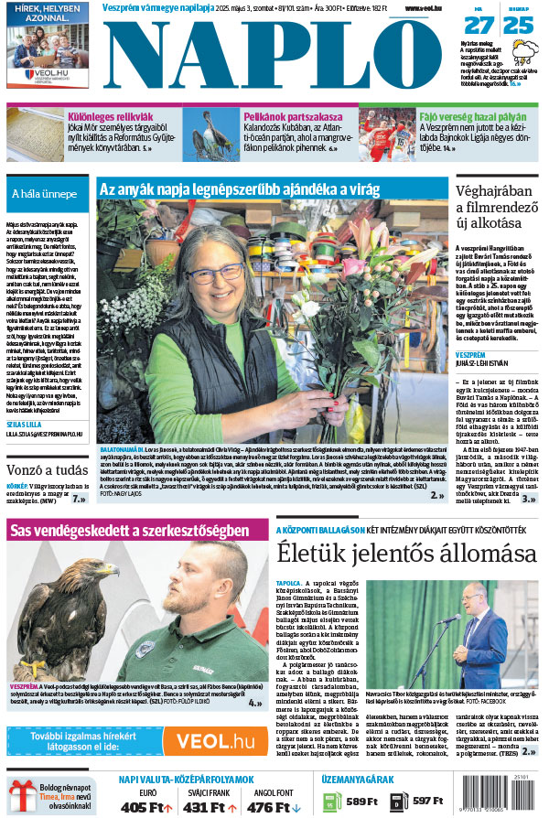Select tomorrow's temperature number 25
(519, 25)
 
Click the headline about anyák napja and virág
(239, 190)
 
